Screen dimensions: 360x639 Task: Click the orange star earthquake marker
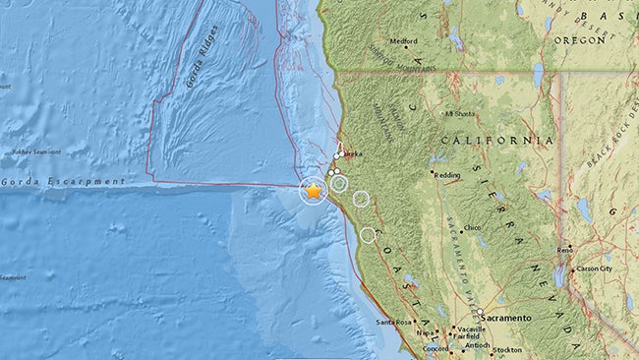(313, 192)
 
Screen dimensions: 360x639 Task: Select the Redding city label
(449, 174)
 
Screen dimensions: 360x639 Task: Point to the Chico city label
(474, 227)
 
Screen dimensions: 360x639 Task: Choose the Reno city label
(565, 251)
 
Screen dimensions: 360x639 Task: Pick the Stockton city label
(509, 349)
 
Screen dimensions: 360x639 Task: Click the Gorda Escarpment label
(63, 182)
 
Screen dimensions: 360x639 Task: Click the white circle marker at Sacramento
(480, 314)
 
